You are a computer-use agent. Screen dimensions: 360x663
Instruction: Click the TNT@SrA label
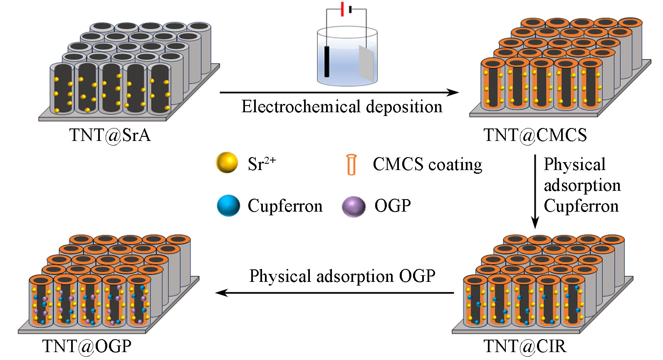point(110,135)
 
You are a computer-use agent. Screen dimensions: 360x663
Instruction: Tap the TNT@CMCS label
point(535,135)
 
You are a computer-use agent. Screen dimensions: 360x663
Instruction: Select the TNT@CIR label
point(525,346)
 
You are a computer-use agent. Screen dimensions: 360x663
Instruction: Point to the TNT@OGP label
point(87,346)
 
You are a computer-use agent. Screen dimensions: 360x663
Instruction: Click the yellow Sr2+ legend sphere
point(227,163)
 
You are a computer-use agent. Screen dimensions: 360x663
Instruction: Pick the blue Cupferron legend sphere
point(228,206)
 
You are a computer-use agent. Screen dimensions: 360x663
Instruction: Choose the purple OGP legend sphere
point(354,207)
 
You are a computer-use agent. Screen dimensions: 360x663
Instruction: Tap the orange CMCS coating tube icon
point(351,165)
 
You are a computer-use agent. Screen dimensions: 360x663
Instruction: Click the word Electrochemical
point(301,107)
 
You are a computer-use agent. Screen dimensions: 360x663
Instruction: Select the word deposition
point(404,107)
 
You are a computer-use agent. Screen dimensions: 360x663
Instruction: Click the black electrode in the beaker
point(327,62)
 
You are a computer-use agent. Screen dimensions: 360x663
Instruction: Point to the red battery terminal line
point(342,9)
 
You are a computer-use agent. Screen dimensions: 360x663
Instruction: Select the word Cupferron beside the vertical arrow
point(581,206)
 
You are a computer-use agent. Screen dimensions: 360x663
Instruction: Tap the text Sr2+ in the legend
point(262,163)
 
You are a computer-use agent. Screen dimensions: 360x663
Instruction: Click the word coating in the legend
point(455,165)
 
